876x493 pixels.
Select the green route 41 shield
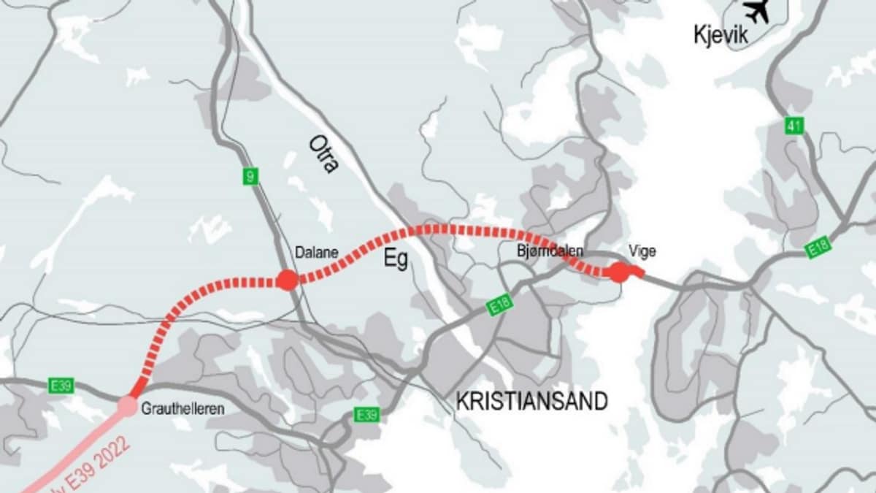click(x=795, y=126)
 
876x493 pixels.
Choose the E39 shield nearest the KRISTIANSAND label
click(x=366, y=415)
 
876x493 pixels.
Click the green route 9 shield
click(x=250, y=176)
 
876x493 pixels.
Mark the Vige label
click(x=641, y=251)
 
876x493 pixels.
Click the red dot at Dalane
click(x=287, y=280)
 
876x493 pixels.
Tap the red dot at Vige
click(x=619, y=272)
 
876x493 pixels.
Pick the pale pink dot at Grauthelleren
click(x=128, y=405)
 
